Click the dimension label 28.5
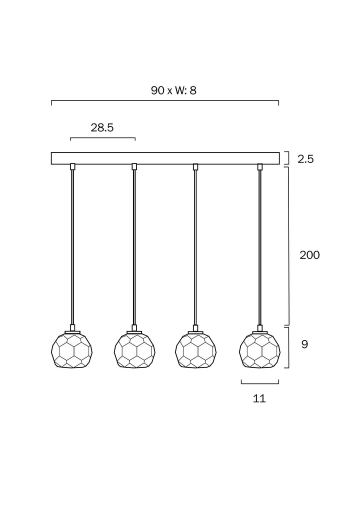click(x=102, y=127)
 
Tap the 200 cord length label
click(x=309, y=255)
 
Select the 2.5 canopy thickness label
click(x=305, y=159)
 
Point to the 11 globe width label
click(x=259, y=398)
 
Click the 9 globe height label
click(x=305, y=344)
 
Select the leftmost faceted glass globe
click(x=72, y=350)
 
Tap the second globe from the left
click(x=134, y=350)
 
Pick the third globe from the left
click(x=195, y=350)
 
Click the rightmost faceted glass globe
click(x=259, y=350)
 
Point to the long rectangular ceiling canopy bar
click(x=165, y=158)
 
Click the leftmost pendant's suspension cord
click(x=72, y=245)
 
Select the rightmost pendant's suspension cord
click(x=259, y=245)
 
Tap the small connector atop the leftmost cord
click(x=72, y=166)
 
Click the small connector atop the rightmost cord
click(x=259, y=166)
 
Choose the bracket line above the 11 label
click(x=259, y=383)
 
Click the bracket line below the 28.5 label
click(x=102, y=138)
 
